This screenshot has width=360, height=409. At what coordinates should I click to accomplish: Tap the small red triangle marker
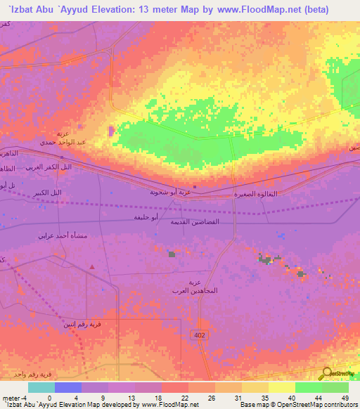pos(92,266)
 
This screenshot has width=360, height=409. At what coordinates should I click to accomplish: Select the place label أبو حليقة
pos(146,218)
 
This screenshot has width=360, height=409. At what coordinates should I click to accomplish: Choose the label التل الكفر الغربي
pos(49,167)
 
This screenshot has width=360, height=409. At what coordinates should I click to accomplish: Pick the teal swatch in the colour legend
pos(41,387)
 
